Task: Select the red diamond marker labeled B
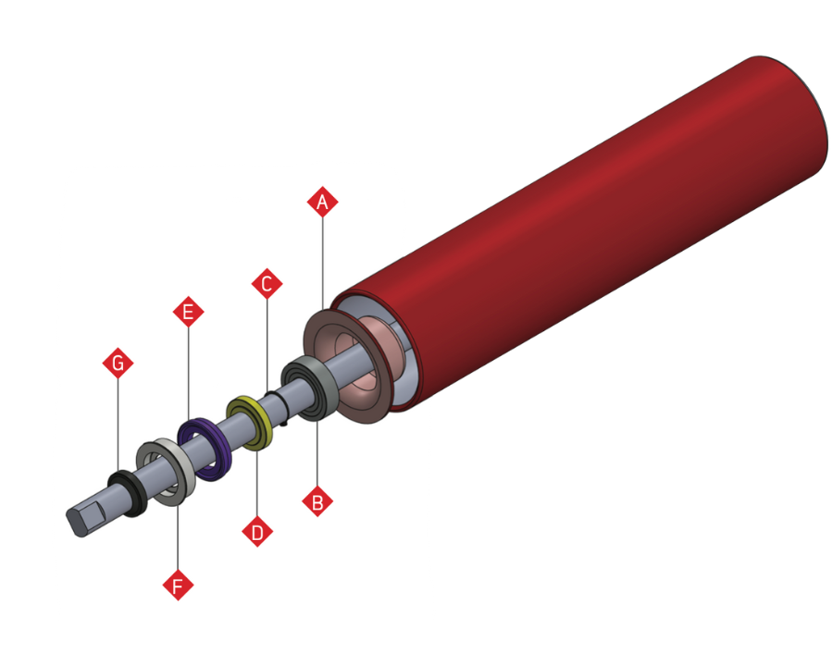click(317, 502)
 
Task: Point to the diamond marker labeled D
click(257, 532)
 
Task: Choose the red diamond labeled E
click(188, 313)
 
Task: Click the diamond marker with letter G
click(118, 364)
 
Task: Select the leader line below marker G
click(118, 425)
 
